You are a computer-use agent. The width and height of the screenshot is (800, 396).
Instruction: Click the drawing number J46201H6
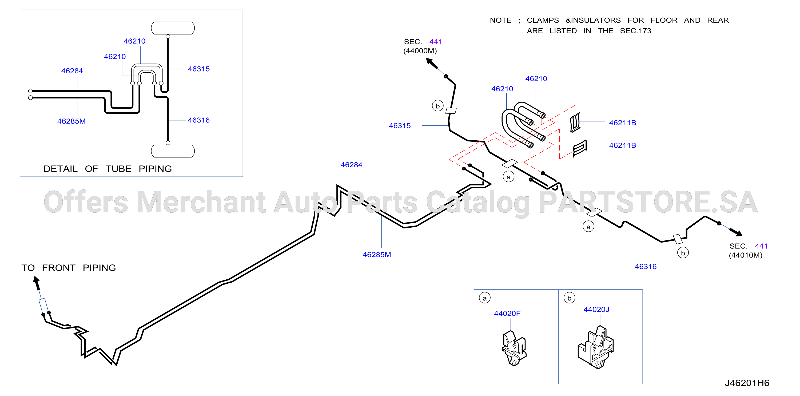747,383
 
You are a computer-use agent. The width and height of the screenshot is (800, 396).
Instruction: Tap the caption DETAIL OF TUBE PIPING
108,169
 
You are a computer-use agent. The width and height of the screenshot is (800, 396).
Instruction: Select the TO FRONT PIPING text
69,268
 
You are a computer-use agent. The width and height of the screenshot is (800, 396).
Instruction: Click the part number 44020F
507,313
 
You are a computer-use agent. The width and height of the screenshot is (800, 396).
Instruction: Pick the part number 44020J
596,309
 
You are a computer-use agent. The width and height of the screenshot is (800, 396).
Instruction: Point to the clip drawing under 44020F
514,348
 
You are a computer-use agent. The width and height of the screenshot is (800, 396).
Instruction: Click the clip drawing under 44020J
596,347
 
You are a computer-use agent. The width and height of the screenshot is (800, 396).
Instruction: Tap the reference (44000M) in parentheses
420,51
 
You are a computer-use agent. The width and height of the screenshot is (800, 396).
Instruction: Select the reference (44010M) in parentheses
745,255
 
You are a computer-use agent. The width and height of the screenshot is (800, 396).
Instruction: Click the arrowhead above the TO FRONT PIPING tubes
36,283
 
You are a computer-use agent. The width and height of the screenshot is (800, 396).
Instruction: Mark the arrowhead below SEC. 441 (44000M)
432,63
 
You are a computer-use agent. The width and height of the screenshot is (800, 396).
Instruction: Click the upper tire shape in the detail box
173,28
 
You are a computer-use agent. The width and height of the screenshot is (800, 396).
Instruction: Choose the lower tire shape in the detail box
173,151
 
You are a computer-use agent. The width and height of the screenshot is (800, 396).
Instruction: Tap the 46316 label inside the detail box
199,120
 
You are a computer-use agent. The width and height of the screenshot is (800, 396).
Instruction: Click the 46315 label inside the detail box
199,69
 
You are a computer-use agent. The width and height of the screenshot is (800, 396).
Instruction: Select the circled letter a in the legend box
485,298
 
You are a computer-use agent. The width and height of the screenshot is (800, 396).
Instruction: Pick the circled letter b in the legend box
569,298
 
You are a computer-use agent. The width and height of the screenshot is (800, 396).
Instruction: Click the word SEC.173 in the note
635,31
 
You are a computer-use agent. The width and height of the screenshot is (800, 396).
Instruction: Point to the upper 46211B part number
622,123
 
